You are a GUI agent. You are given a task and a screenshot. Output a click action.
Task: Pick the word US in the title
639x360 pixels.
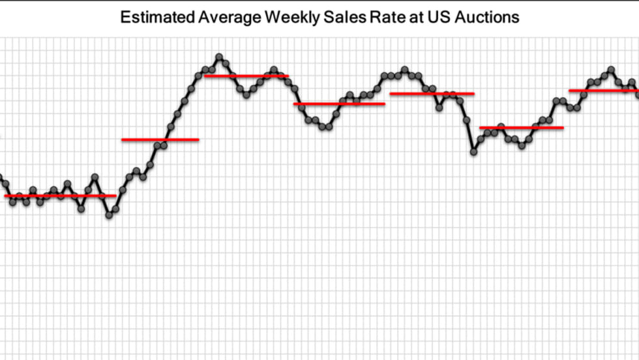point(438,17)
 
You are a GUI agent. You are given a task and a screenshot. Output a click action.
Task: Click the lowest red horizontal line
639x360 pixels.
point(60,196)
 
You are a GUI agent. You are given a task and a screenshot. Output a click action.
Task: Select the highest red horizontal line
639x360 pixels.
point(246,76)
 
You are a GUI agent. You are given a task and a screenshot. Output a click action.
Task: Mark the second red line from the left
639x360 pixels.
point(160,140)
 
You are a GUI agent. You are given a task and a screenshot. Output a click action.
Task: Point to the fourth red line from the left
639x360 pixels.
point(339,104)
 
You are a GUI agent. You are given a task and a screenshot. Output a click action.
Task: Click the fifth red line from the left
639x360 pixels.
point(432,94)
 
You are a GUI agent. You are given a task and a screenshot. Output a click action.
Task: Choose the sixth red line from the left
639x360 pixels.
point(521,128)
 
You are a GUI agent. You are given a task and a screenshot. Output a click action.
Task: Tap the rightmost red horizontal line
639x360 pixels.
point(603,91)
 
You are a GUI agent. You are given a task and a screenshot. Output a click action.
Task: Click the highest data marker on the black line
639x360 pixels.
point(219,57)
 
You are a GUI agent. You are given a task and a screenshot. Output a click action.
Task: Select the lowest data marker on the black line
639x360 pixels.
point(109,215)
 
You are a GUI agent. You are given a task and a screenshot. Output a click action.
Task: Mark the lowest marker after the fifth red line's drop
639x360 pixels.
point(473,151)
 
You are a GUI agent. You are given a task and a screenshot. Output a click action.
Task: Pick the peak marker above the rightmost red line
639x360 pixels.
point(611,69)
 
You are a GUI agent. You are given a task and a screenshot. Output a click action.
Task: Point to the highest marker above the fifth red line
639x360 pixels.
point(404,69)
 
